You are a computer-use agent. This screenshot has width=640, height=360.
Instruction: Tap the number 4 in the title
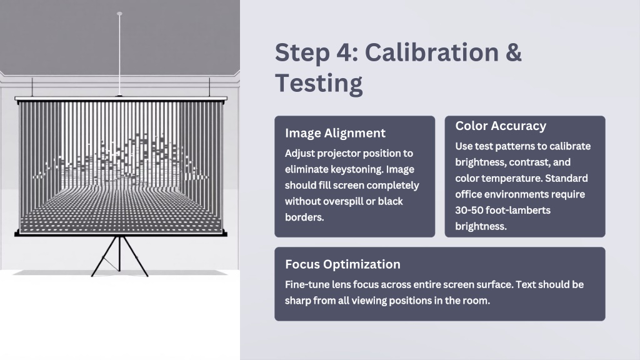tap(346, 52)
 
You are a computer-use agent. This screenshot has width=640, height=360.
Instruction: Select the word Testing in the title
tap(319, 83)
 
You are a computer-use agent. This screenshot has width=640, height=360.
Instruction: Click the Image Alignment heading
tap(335, 133)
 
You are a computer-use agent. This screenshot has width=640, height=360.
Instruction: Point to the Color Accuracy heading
tap(501, 126)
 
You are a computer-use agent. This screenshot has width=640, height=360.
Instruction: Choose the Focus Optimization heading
tap(342, 264)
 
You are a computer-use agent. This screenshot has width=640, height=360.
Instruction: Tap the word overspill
tap(349, 201)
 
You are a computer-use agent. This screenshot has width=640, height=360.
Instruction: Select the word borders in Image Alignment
tap(304, 217)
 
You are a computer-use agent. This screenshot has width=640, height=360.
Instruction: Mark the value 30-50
tap(467, 210)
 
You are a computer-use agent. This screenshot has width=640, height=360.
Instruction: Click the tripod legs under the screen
tap(119, 256)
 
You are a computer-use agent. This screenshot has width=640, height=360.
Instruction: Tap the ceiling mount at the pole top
tap(119, 14)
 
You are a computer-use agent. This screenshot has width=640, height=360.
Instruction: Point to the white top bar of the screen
tap(121, 99)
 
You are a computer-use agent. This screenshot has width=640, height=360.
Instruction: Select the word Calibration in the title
tap(431, 52)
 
